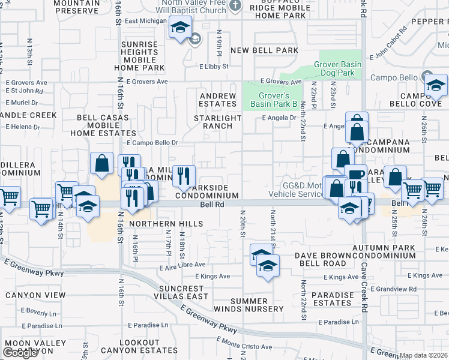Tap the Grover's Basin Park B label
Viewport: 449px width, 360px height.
[278, 100]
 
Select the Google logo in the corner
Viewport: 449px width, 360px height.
[20, 353]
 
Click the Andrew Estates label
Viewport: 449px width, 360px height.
[218, 100]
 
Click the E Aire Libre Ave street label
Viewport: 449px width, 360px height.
[182, 265]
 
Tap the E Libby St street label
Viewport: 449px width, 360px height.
[214, 67]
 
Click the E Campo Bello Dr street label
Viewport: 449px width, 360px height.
[152, 143]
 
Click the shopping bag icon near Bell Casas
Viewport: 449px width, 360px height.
[102, 163]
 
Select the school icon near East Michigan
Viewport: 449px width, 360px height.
[179, 27]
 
